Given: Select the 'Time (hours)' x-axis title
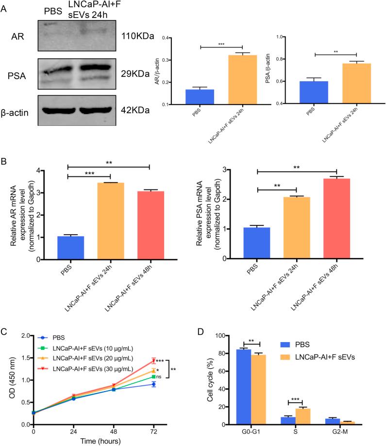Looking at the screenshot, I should tap(93, 441).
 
